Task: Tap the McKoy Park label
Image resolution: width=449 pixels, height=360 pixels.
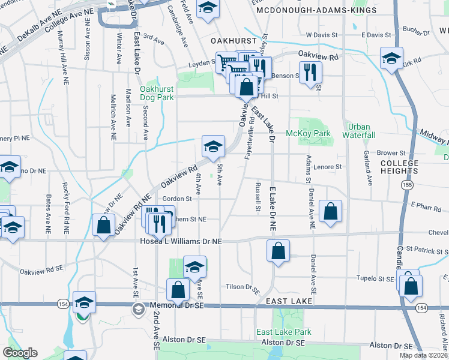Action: pyautogui.click(x=308, y=133)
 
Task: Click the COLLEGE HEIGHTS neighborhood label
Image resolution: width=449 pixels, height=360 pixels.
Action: pyautogui.click(x=399, y=167)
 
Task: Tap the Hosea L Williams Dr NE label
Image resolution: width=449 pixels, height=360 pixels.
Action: pyautogui.click(x=172, y=241)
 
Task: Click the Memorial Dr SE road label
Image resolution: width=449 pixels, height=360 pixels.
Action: pyautogui.click(x=177, y=305)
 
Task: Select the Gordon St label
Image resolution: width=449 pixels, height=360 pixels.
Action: pyautogui.click(x=176, y=199)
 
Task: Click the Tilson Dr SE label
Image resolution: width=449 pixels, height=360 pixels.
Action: pyautogui.click(x=241, y=286)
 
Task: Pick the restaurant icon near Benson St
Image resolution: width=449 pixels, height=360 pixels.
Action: pyautogui.click(x=310, y=72)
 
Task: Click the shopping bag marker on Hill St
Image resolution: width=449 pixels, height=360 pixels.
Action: pyautogui.click(x=247, y=86)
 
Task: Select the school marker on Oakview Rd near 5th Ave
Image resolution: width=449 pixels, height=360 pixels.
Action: pyautogui.click(x=213, y=146)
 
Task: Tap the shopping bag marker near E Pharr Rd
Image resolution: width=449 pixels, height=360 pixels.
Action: pyautogui.click(x=331, y=211)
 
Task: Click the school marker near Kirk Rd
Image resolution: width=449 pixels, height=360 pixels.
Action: pyautogui.click(x=391, y=58)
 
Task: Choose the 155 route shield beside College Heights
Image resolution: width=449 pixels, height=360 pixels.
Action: pyautogui.click(x=408, y=187)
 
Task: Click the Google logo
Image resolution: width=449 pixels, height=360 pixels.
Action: pyautogui.click(x=20, y=353)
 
